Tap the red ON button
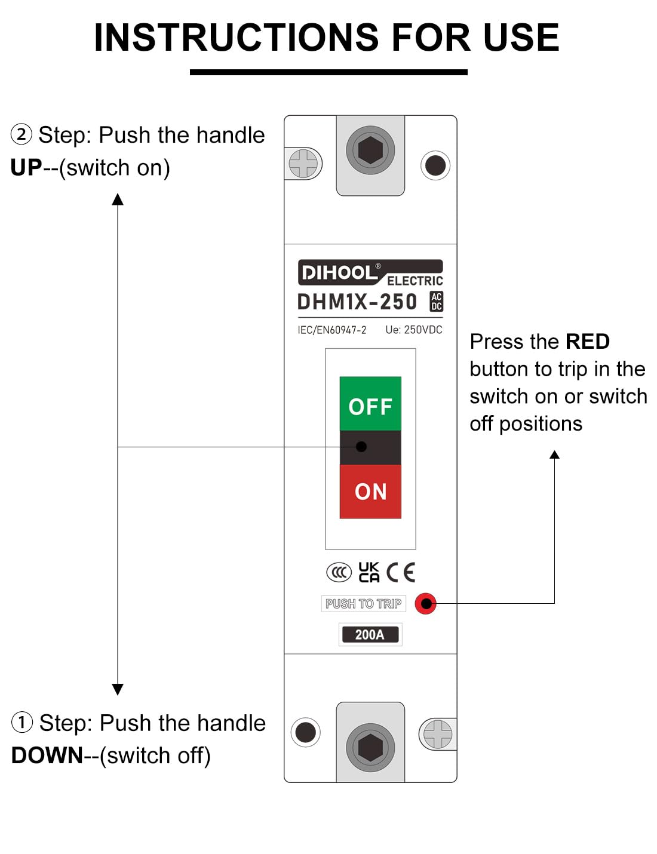click(370, 491)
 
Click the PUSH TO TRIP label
click(363, 604)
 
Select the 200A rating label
click(370, 634)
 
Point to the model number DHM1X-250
click(357, 302)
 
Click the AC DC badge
click(437, 302)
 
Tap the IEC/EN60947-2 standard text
click(332, 330)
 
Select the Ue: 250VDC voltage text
click(414, 330)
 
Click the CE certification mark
click(401, 572)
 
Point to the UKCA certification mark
click(369, 572)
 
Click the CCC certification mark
click(339, 572)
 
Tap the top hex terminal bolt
click(370, 150)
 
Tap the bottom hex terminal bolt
click(370, 747)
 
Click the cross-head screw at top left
click(303, 164)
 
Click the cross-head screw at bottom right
click(438, 733)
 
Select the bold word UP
click(26, 168)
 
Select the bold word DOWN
click(47, 755)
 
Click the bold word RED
click(587, 342)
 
